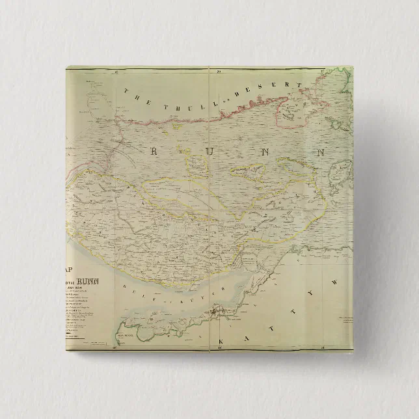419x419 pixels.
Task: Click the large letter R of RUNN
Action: [154, 152]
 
